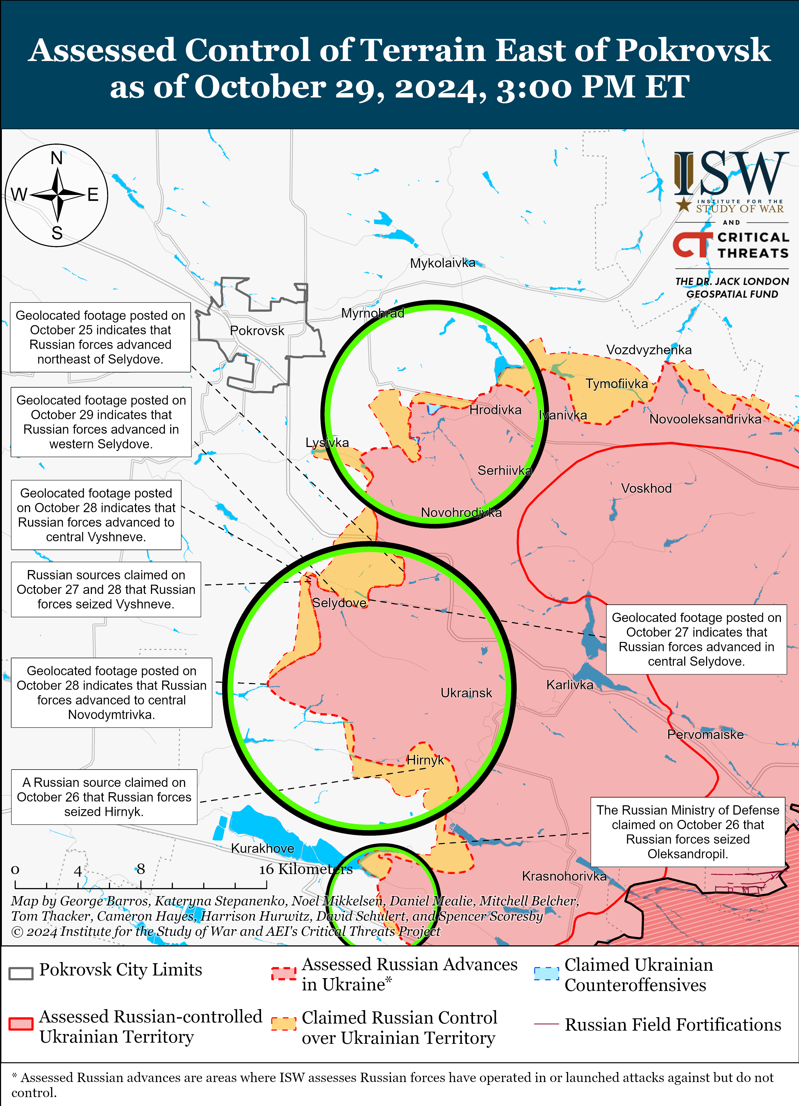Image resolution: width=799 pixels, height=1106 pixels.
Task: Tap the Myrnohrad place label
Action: [x=372, y=313]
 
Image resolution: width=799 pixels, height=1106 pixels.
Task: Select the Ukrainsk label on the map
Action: [x=466, y=693]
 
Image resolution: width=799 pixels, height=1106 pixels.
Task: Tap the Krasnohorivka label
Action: [x=564, y=876]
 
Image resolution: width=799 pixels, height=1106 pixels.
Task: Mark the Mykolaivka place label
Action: [x=442, y=263]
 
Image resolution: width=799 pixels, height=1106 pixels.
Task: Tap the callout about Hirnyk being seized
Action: [x=104, y=797]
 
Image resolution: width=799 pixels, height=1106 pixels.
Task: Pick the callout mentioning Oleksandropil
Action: [x=687, y=832]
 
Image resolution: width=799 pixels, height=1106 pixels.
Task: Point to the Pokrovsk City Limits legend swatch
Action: [x=21, y=973]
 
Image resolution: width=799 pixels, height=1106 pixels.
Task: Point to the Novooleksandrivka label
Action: [x=705, y=419]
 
